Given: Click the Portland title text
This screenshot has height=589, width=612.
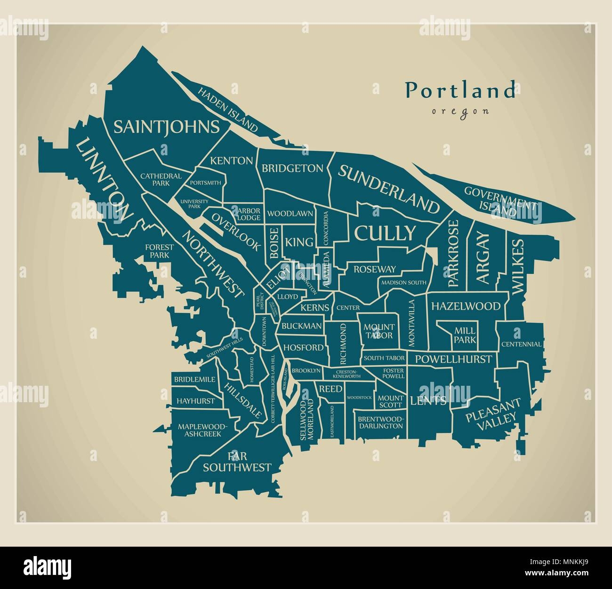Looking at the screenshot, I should [460, 90].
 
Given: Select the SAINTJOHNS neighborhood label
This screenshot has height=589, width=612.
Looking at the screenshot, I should [166, 127].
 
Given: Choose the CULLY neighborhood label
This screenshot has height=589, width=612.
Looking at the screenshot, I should [385, 232].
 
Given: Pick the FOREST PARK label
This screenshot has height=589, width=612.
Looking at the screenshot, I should [159, 251].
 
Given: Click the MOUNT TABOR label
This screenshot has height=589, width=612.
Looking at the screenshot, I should [379, 331].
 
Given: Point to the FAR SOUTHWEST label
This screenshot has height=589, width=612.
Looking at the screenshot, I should [237, 462].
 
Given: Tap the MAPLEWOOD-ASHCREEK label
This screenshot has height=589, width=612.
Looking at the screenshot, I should [202, 430].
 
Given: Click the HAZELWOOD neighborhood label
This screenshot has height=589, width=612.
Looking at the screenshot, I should [465, 306].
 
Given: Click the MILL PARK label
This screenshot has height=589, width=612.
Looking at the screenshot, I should [465, 335].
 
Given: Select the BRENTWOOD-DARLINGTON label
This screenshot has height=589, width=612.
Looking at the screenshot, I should [380, 422].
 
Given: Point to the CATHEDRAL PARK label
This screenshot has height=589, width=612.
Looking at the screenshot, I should [161, 179].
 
